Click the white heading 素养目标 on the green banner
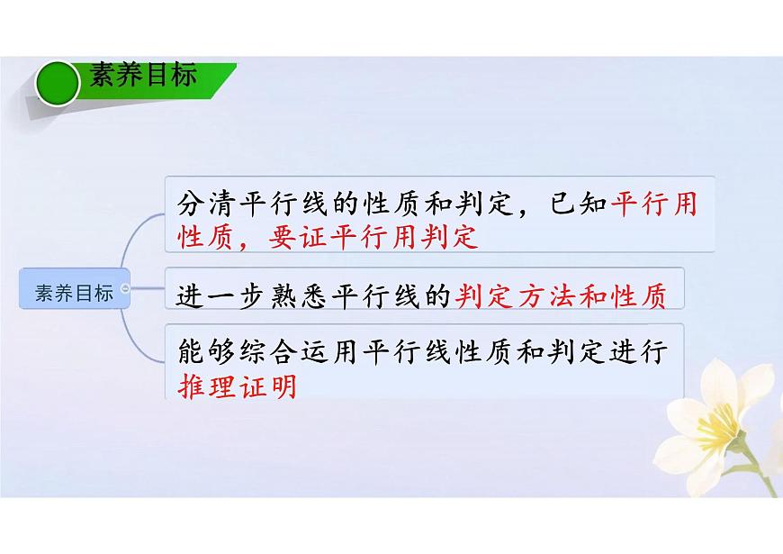[x=142, y=76]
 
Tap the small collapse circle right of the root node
[x=124, y=289]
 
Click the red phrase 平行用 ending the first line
[x=654, y=202]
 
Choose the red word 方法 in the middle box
[x=540, y=295]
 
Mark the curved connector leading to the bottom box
[x=144, y=342]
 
